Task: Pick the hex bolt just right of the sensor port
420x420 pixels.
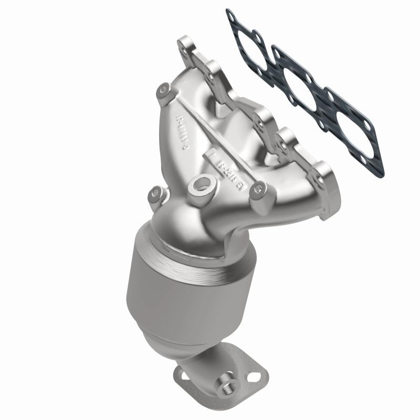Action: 257,188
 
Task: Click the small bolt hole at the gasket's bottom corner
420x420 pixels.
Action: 376,168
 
